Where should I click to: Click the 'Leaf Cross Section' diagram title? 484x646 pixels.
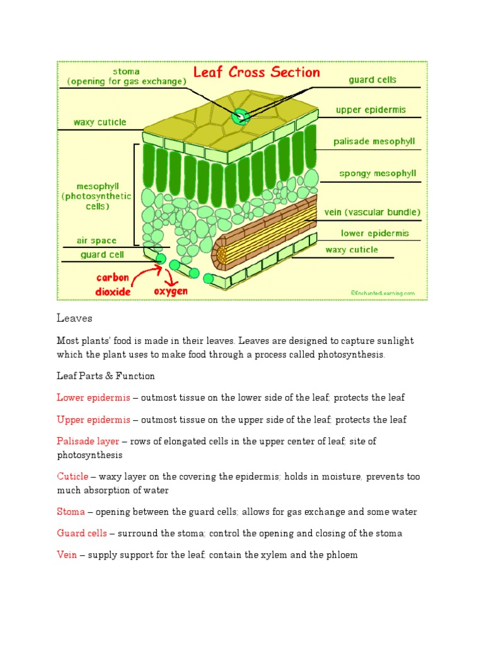[256, 73]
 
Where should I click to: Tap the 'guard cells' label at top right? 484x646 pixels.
[372, 81]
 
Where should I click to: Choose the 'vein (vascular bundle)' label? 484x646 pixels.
[372, 212]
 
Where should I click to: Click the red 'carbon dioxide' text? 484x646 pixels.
[113, 285]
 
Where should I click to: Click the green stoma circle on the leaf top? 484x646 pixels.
[240, 117]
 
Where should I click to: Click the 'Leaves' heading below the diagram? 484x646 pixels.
[74, 319]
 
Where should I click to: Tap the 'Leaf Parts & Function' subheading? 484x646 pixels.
[106, 376]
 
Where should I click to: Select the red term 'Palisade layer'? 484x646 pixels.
[88, 442]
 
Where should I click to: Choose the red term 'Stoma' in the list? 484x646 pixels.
[71, 512]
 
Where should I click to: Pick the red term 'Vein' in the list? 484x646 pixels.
[67, 555]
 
